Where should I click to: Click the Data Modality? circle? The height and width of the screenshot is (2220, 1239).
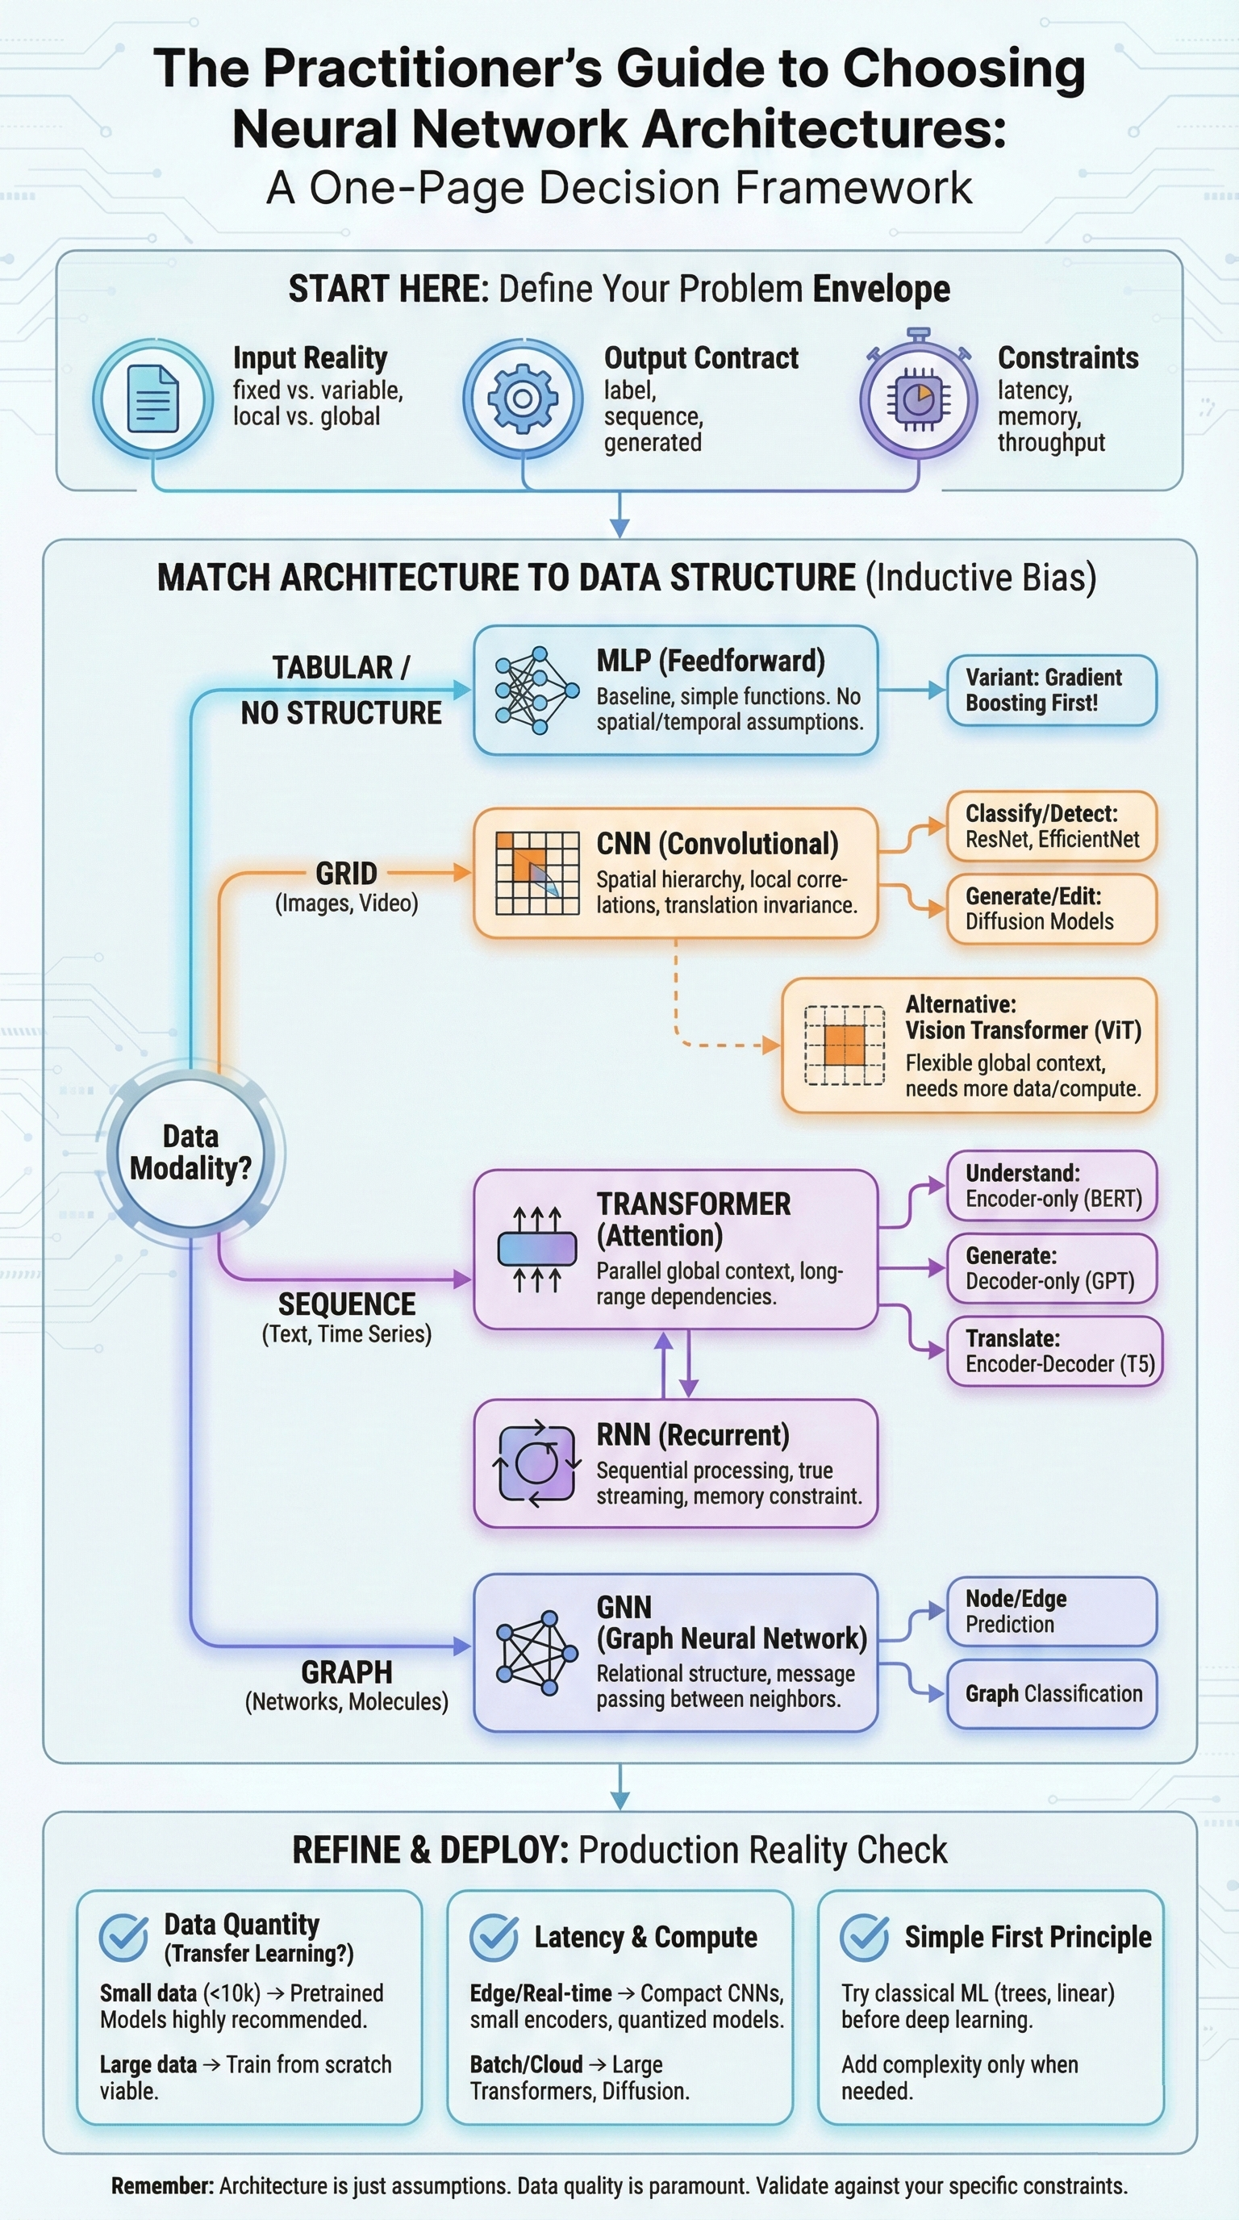click(x=190, y=1153)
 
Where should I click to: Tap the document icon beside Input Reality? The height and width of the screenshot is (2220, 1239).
click(x=152, y=399)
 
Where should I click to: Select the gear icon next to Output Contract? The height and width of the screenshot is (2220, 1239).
click(x=522, y=399)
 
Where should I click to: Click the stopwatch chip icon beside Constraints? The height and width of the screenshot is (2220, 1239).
click(x=919, y=399)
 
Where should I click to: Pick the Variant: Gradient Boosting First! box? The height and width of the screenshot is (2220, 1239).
click(x=1050, y=691)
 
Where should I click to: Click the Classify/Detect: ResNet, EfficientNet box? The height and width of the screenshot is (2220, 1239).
click(x=1050, y=827)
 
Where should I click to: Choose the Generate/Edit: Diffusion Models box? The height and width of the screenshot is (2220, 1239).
click(x=1050, y=909)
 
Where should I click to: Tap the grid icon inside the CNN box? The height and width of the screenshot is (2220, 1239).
click(x=536, y=872)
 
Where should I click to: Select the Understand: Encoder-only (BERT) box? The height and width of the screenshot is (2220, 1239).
click(x=1051, y=1186)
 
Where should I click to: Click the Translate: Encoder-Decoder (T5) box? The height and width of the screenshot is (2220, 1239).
click(x=1053, y=1351)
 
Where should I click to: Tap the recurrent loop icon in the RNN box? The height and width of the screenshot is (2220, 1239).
click(x=536, y=1463)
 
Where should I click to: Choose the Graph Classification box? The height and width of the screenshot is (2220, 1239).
click(x=1051, y=1694)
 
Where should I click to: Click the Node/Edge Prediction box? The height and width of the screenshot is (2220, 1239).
click(x=1051, y=1612)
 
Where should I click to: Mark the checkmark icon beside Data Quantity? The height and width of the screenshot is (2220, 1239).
click(x=123, y=1938)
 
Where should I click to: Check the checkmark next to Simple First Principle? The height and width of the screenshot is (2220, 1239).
click(x=863, y=1938)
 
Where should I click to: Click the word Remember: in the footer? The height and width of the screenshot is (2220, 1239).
click(x=162, y=2186)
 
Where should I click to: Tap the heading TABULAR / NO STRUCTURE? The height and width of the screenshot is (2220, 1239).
click(x=341, y=691)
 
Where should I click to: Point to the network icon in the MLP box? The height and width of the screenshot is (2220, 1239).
click(x=536, y=691)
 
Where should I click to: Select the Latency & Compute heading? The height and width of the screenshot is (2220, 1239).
click(x=645, y=1938)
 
